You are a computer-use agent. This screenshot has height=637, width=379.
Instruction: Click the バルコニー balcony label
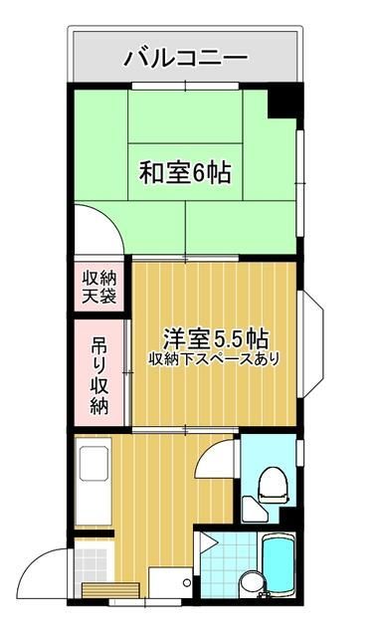[185, 58]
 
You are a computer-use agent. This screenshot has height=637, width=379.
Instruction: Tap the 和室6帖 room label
[184, 173]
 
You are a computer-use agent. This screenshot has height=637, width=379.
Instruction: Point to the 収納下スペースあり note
[214, 357]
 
